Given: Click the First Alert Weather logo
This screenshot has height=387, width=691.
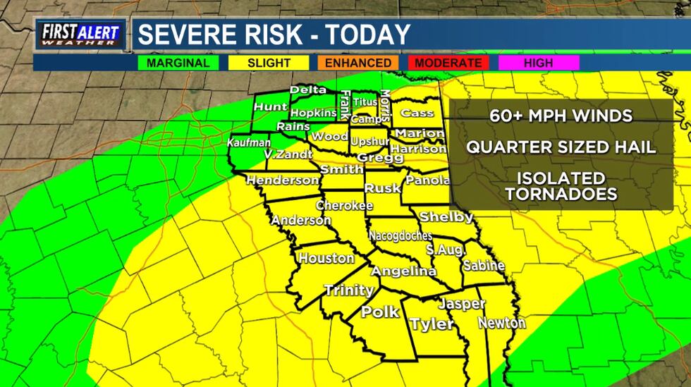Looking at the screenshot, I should coord(80,34).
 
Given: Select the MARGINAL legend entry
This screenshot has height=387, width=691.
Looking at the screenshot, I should coord(178,63).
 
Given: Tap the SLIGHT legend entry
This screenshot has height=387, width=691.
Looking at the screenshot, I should coord(269,63).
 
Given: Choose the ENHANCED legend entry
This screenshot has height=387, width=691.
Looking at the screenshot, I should coord(357,63).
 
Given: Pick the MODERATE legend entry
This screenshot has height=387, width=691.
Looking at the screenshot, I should coord(448,63).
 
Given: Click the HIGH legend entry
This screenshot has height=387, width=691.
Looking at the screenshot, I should coord(538,63).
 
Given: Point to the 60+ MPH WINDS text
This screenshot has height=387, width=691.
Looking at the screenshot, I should coord(561,116).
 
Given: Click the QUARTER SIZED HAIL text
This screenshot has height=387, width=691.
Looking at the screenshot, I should coord(561,147).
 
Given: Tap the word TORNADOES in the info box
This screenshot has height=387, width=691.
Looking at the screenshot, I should coord(561,194).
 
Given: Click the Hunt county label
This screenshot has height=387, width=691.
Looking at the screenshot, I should coord(271,107).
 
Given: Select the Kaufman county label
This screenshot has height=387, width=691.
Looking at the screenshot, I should coord(248,142).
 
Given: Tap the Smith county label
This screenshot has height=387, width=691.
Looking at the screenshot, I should coord(341,170).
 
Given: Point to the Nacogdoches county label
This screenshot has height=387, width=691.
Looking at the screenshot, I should coord(400,236).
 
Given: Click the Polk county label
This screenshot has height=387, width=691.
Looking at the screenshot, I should coord(380,312).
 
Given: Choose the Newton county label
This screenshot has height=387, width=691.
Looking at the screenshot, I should coord(501,324).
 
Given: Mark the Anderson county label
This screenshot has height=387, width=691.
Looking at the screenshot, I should coord(301,221).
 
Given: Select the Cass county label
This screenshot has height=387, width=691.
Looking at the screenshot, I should coord(417,113).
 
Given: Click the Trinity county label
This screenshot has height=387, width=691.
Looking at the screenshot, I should coord(348,290).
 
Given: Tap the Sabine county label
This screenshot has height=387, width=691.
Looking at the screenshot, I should coord(484,266).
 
